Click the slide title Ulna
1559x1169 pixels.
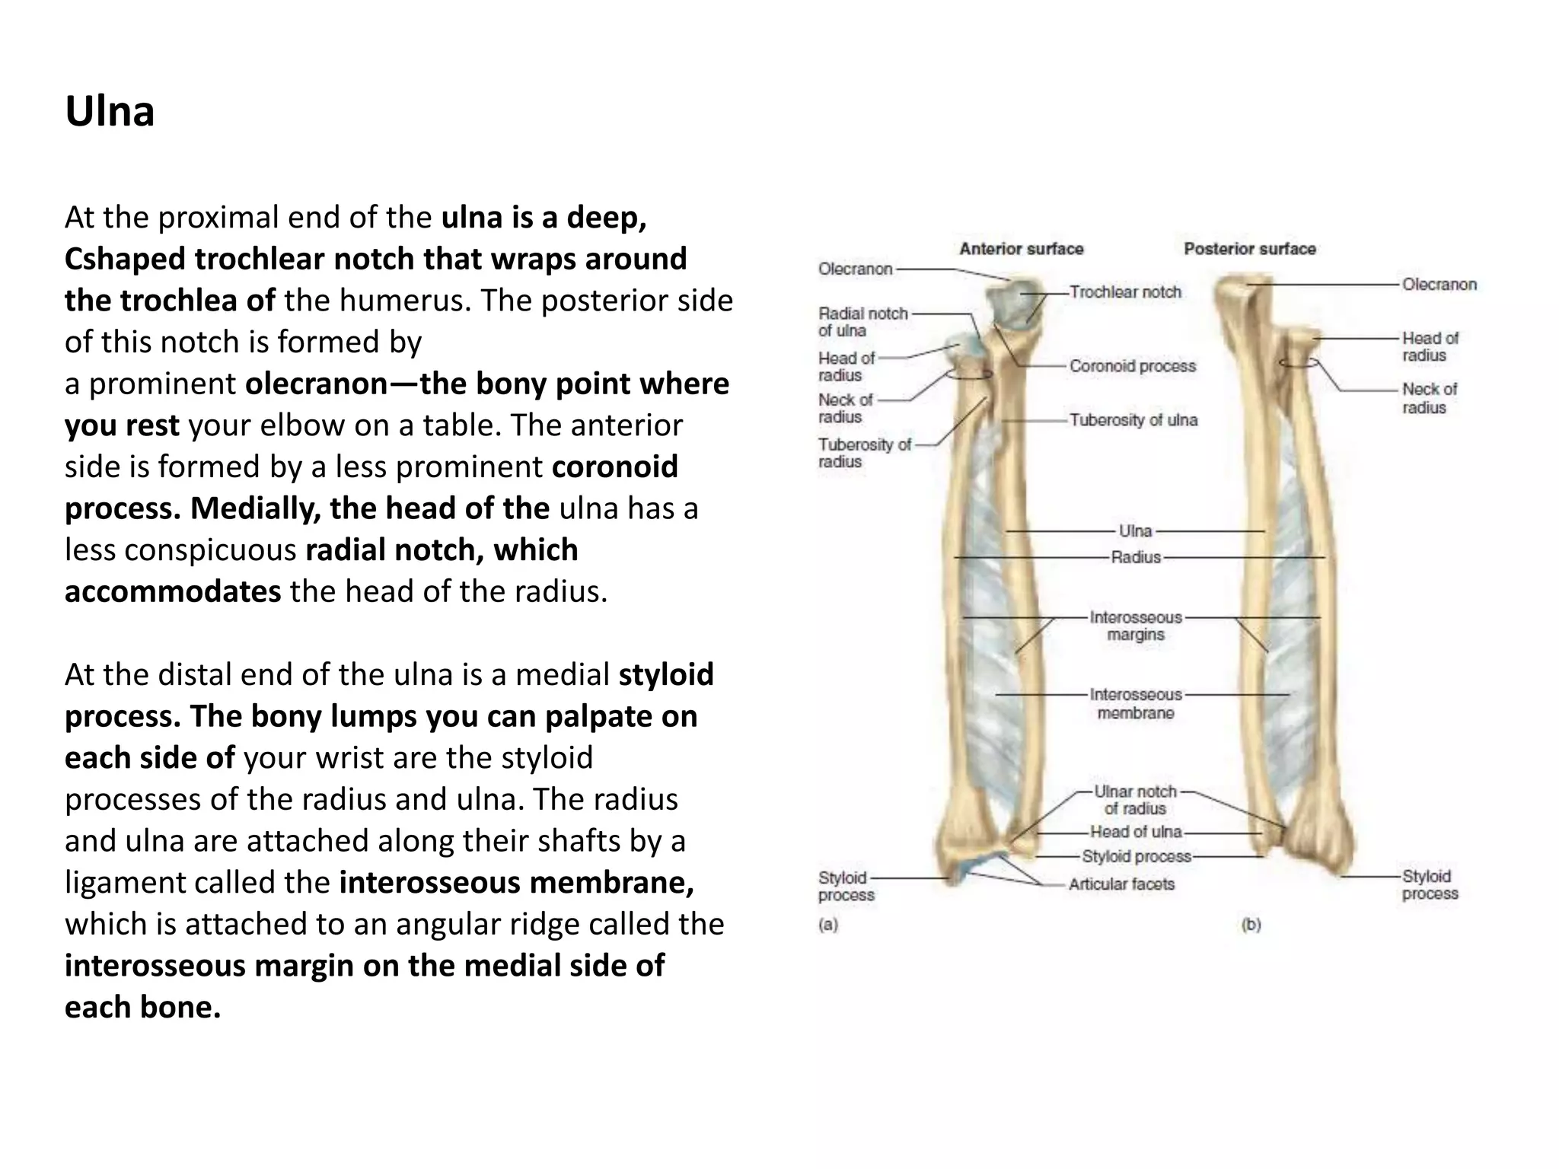click(x=110, y=112)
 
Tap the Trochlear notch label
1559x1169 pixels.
click(x=1125, y=292)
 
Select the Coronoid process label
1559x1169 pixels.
click(x=1132, y=366)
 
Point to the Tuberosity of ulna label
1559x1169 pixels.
click(x=1133, y=420)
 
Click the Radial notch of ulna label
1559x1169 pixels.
click(x=862, y=322)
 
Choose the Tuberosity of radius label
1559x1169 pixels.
click(x=864, y=453)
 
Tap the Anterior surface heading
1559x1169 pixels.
click(x=1021, y=249)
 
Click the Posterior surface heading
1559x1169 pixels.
click(x=1249, y=249)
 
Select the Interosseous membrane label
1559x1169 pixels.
click(x=1136, y=704)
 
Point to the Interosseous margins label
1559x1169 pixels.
click(x=1136, y=626)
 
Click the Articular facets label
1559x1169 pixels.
click(x=1121, y=884)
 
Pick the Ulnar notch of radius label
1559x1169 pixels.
click(x=1135, y=800)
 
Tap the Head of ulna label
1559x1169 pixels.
click(x=1135, y=832)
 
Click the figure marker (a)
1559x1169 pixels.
click(x=827, y=925)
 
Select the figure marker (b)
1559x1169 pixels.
click(x=1251, y=925)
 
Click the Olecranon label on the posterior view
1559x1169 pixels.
click(x=1439, y=285)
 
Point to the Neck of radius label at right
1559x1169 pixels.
click(x=1429, y=398)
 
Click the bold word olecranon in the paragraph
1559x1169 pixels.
click(x=317, y=384)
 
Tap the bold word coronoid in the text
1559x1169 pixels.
click(x=614, y=467)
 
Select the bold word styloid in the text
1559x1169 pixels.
click(x=666, y=674)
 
